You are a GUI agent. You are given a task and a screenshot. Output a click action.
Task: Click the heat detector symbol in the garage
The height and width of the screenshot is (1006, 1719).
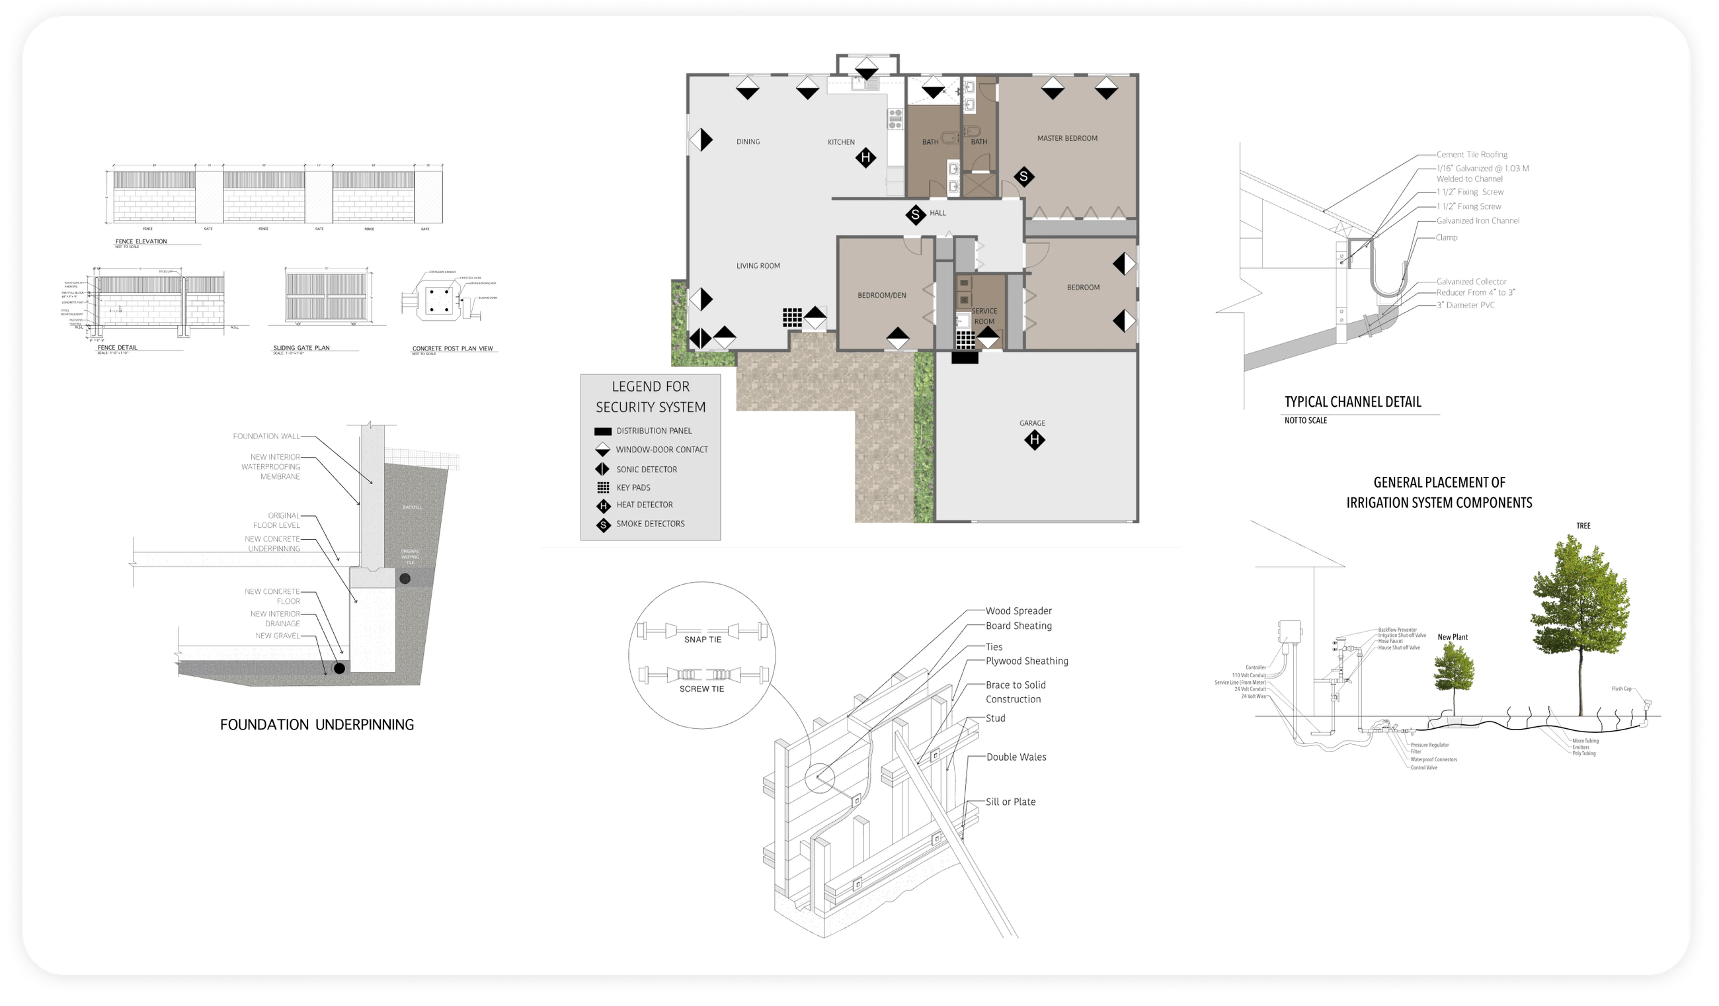tap(1034, 440)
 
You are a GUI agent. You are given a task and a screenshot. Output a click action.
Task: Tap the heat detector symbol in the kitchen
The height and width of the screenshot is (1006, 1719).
tap(865, 158)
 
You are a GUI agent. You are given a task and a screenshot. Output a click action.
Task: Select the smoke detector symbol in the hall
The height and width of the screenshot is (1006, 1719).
tap(916, 216)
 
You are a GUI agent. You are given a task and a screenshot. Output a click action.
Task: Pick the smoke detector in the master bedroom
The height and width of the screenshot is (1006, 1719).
tap(1023, 177)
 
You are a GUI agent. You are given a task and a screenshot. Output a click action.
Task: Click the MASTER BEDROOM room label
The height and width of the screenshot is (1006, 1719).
tap(1067, 138)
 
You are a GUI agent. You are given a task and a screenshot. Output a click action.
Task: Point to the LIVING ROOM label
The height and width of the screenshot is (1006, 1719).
tap(758, 266)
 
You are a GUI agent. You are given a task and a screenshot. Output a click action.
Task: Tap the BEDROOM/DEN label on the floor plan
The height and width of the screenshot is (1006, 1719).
tap(881, 296)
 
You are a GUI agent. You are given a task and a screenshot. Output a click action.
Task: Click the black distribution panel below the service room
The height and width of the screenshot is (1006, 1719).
tap(965, 358)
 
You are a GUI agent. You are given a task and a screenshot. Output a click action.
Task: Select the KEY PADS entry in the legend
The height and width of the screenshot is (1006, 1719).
tap(632, 488)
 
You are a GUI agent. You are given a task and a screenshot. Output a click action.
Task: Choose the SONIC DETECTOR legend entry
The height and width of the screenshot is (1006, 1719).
tap(646, 470)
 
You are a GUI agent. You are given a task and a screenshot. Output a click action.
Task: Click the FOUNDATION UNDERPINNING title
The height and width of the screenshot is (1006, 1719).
tap(317, 725)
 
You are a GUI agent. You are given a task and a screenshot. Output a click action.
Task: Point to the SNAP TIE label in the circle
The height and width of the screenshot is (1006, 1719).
tap(703, 640)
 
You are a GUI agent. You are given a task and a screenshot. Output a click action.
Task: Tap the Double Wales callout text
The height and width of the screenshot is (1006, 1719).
tap(1016, 757)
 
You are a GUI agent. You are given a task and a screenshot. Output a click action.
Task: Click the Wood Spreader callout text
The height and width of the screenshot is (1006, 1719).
tap(1018, 611)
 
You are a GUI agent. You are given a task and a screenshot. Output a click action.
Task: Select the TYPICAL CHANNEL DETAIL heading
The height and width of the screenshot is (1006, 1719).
tap(1353, 402)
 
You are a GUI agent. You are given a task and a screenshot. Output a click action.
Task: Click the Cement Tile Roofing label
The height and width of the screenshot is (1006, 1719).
tap(1471, 155)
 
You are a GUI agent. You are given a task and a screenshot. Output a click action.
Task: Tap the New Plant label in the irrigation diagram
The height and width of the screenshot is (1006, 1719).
tap(1453, 638)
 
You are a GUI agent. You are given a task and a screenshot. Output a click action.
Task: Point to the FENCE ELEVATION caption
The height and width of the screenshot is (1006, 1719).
tap(141, 241)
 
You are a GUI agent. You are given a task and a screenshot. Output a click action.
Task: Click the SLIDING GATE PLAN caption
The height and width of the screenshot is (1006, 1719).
tap(301, 348)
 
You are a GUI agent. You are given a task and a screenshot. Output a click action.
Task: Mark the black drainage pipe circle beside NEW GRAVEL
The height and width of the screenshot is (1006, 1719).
tap(339, 668)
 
